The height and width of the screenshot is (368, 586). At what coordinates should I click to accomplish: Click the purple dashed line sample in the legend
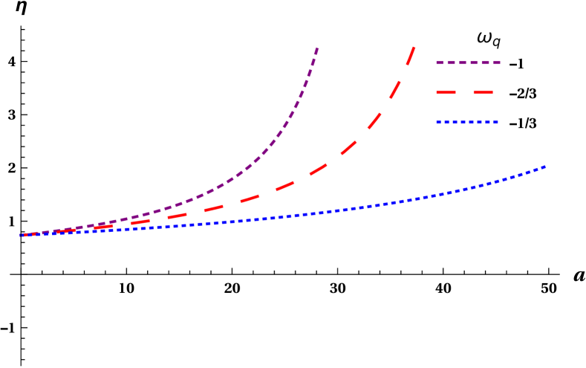[468, 63]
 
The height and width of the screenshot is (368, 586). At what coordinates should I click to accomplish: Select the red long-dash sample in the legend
[465, 93]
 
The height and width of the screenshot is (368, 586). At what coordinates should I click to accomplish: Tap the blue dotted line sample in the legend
[467, 122]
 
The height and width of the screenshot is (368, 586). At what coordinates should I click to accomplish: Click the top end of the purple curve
[318, 48]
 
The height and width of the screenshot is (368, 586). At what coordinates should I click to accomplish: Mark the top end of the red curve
[413, 48]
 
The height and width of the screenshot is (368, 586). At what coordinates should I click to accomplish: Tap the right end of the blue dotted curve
[546, 167]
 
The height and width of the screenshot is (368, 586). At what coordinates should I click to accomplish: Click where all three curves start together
[21, 235]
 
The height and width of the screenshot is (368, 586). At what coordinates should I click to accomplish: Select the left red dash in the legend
[450, 93]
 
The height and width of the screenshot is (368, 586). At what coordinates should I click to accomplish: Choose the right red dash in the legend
[481, 93]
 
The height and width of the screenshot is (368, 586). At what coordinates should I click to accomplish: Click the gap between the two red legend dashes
[465, 93]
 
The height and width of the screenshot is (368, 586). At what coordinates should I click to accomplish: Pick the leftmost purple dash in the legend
[440, 63]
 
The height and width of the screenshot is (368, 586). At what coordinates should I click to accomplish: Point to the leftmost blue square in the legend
[439, 122]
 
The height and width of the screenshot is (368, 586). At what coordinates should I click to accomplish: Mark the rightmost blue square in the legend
[496, 122]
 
